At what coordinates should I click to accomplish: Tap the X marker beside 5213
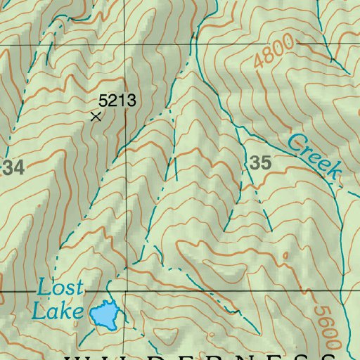pyautogui.click(x=96, y=116)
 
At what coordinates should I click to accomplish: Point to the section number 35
pyautogui.click(x=260, y=163)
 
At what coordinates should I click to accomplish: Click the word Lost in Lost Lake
pyautogui.click(x=60, y=288)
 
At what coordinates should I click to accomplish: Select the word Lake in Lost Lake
pyautogui.click(x=58, y=309)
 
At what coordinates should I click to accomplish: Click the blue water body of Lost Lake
pyautogui.click(x=104, y=315)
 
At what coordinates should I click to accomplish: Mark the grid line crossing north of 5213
pyautogui.click(x=128, y=44)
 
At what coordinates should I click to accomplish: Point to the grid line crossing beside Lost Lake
pyautogui.click(x=128, y=290)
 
